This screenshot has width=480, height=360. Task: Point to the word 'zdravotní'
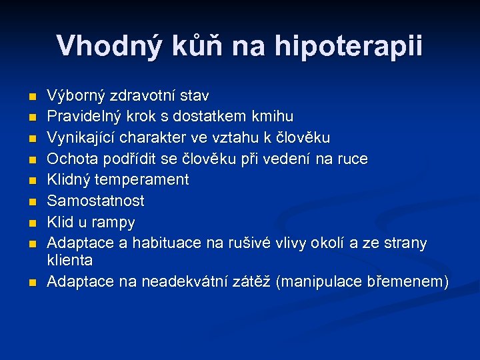[143, 97]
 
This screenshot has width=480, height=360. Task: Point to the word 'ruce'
[351, 159]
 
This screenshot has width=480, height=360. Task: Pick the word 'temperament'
[143, 180]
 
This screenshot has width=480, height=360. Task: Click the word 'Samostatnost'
[96, 201]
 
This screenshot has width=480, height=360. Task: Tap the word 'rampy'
[113, 222]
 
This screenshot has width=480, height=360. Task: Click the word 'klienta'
[70, 260]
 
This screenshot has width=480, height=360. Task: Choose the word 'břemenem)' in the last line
[408, 282]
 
